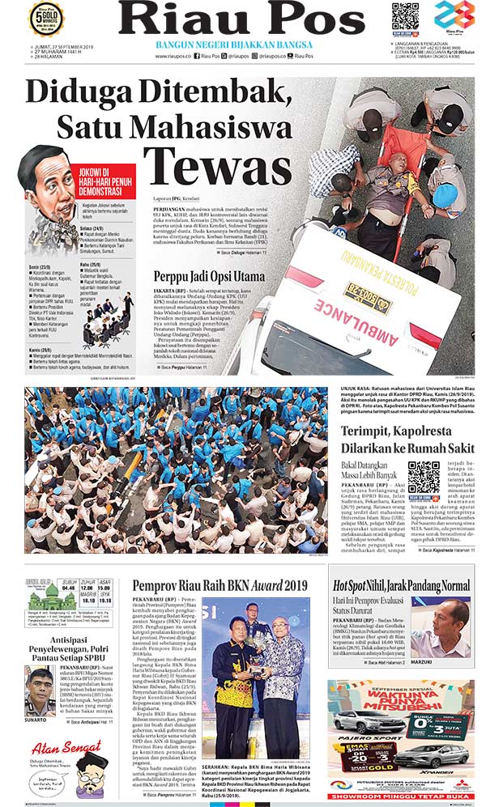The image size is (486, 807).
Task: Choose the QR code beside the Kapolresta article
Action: (423, 478)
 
